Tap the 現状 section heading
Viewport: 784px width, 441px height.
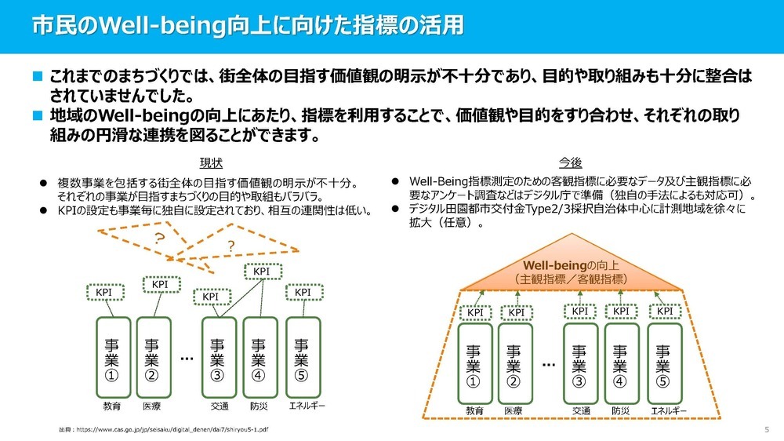(x=211, y=162)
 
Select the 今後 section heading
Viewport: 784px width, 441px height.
(x=570, y=162)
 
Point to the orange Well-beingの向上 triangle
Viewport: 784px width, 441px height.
(x=570, y=272)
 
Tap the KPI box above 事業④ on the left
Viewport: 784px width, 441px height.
(x=262, y=272)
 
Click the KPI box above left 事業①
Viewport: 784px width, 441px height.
(x=104, y=293)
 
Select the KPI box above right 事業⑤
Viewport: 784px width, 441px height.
(x=665, y=311)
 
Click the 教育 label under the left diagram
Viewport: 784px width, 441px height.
(x=112, y=406)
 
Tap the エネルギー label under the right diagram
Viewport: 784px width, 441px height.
(x=670, y=410)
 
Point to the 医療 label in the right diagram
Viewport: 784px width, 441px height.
(x=513, y=410)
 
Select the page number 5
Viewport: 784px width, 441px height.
(x=766, y=430)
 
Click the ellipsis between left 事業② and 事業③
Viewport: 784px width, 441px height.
(x=187, y=359)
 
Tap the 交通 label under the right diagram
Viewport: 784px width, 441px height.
(x=580, y=410)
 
